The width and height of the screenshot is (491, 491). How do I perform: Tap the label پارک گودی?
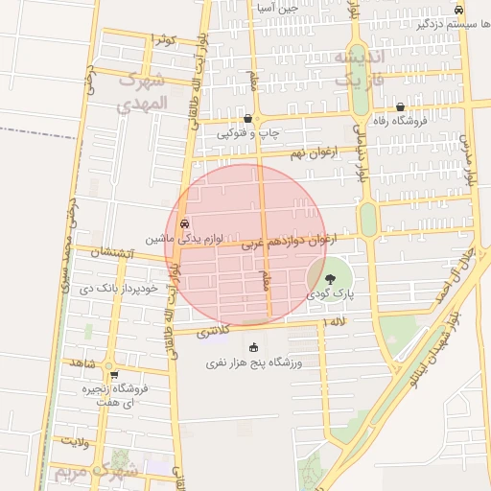(330, 294)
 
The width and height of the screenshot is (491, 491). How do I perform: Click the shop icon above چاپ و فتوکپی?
(248, 119)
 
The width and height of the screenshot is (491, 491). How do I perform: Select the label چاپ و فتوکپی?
(248, 133)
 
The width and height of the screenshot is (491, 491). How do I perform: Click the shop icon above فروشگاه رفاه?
(400, 107)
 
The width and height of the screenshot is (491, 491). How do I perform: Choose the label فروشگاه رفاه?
(400, 122)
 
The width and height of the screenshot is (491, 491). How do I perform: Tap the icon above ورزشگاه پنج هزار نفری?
(253, 347)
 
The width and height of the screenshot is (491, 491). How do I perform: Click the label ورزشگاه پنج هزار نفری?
(254, 363)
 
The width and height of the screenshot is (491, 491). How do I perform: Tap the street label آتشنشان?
(115, 253)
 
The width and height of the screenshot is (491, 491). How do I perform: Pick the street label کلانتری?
(214, 331)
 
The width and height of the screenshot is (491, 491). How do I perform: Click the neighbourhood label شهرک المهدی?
(141, 92)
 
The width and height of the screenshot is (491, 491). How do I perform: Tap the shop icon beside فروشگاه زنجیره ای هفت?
(113, 375)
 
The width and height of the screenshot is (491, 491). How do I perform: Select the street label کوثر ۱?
(165, 39)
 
